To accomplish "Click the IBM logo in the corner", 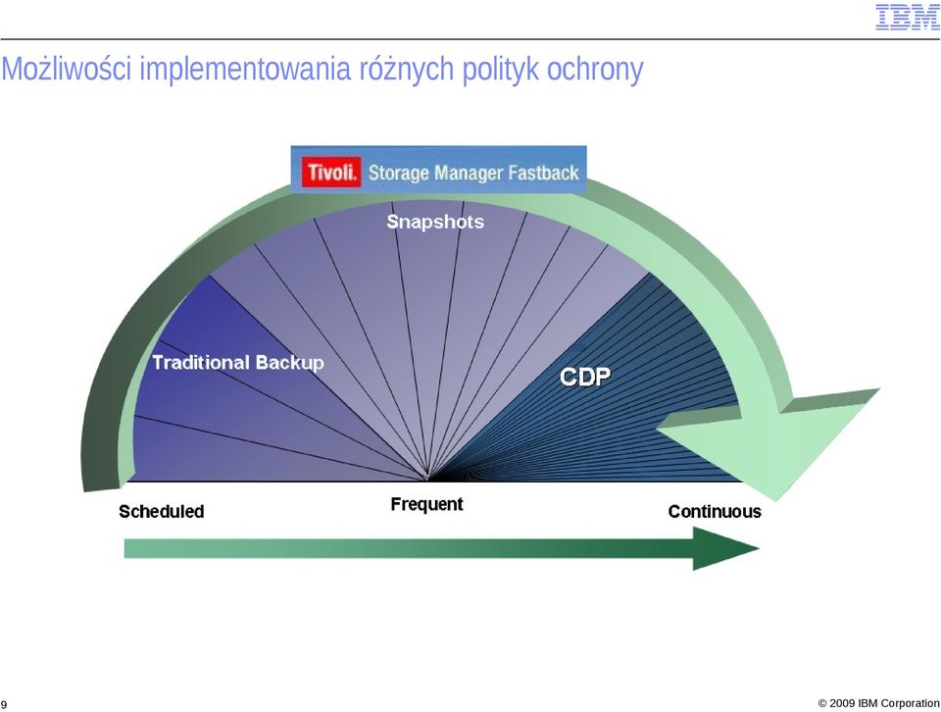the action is (907, 17).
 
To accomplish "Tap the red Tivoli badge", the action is (332, 173).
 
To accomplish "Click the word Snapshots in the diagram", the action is (435, 222).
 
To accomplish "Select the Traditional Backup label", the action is (238, 363).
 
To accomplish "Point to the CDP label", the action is (585, 377).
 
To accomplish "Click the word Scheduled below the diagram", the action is (162, 512).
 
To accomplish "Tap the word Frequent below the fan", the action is (426, 504).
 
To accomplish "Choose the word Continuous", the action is (715, 512).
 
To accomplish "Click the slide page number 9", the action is (4, 704).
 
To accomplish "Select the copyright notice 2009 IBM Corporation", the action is (878, 703).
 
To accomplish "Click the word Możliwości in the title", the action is (67, 69).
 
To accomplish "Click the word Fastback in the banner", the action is (544, 173).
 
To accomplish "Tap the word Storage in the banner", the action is (399, 174).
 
